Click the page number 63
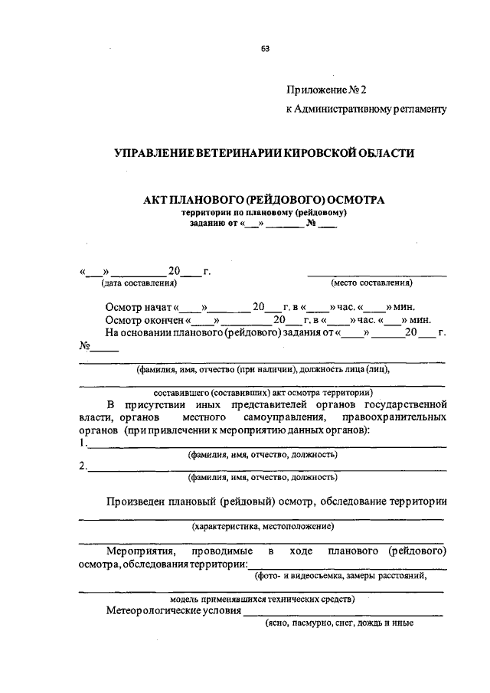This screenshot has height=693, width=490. coord(265,48)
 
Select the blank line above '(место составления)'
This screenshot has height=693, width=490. coord(377,273)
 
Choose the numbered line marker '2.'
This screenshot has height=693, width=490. coord(83,466)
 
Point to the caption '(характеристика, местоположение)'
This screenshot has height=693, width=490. coord(263,526)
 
